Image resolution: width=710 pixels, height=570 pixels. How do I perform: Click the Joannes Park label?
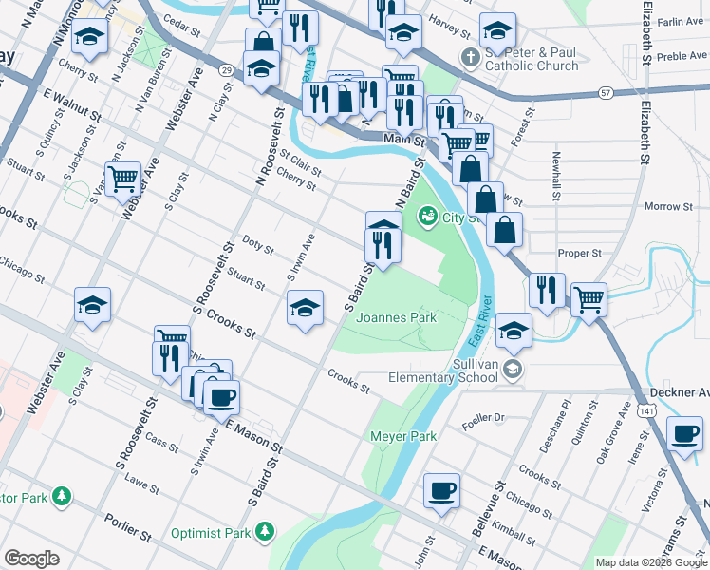pyautogui.click(x=397, y=318)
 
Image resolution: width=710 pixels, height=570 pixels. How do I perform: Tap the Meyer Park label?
pyautogui.click(x=402, y=436)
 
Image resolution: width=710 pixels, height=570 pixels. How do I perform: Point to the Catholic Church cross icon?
pyautogui.click(x=468, y=58)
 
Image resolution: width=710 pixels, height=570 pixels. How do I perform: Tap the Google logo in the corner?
pyautogui.click(x=31, y=559)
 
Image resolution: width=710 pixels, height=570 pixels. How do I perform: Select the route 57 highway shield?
pyautogui.click(x=605, y=93)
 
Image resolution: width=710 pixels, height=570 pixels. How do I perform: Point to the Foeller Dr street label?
pyautogui.click(x=483, y=416)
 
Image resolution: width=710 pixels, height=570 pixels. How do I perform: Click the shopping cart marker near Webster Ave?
pyautogui.click(x=122, y=178)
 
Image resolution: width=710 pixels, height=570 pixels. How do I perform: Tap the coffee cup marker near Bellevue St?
pyautogui.click(x=441, y=491)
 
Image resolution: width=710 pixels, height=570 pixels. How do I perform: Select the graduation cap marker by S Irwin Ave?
pyautogui.click(x=304, y=309)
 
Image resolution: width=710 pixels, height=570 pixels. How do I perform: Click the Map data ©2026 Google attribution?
pyautogui.click(x=650, y=561)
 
